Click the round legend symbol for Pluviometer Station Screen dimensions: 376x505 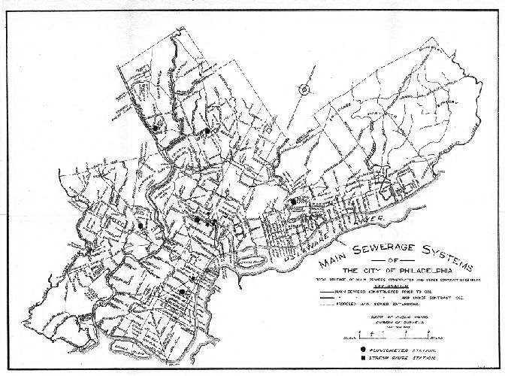[x=364, y=350]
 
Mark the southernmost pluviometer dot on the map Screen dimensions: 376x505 [x=182, y=292]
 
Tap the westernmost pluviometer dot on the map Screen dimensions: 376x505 [x=141, y=225]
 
